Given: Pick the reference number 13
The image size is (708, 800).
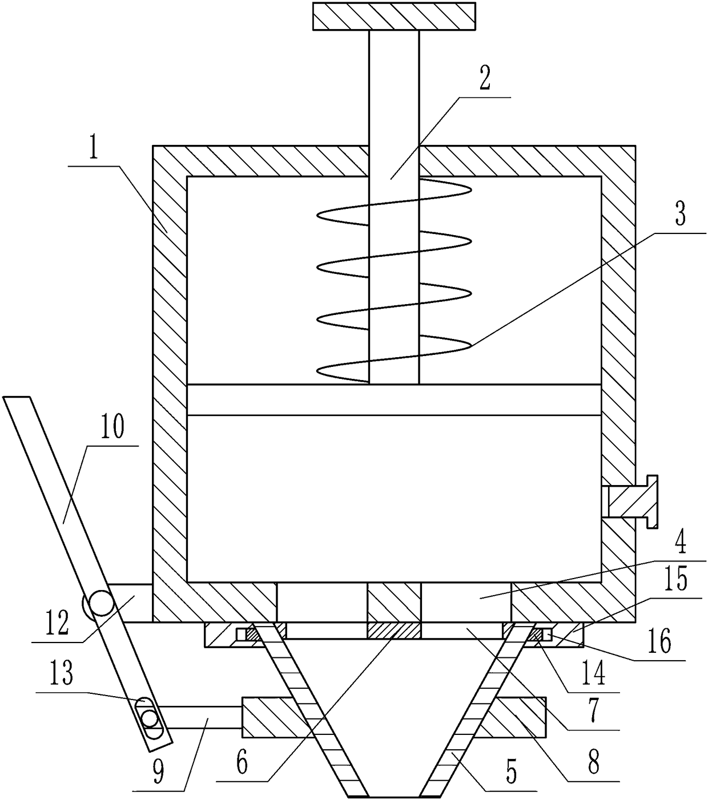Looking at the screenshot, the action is pyautogui.click(x=61, y=675).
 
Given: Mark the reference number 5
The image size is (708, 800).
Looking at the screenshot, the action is pyautogui.click(x=510, y=772).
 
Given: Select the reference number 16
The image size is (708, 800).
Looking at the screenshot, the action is pyautogui.click(x=659, y=643).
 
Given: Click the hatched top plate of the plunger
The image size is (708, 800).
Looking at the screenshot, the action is pyautogui.click(x=393, y=16).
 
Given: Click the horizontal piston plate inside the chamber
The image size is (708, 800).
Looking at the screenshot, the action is pyautogui.click(x=394, y=399).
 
